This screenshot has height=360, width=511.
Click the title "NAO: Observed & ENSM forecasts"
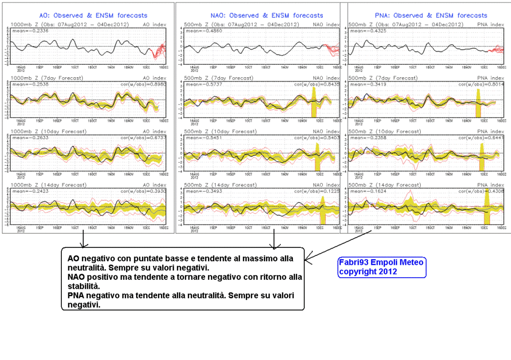coord(259,15)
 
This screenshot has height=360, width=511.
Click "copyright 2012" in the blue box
coord(368,272)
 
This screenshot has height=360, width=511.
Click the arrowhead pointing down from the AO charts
coord(84,244)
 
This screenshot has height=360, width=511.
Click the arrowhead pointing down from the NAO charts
coord(273,245)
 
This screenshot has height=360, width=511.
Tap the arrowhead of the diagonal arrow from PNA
coord(308,260)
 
